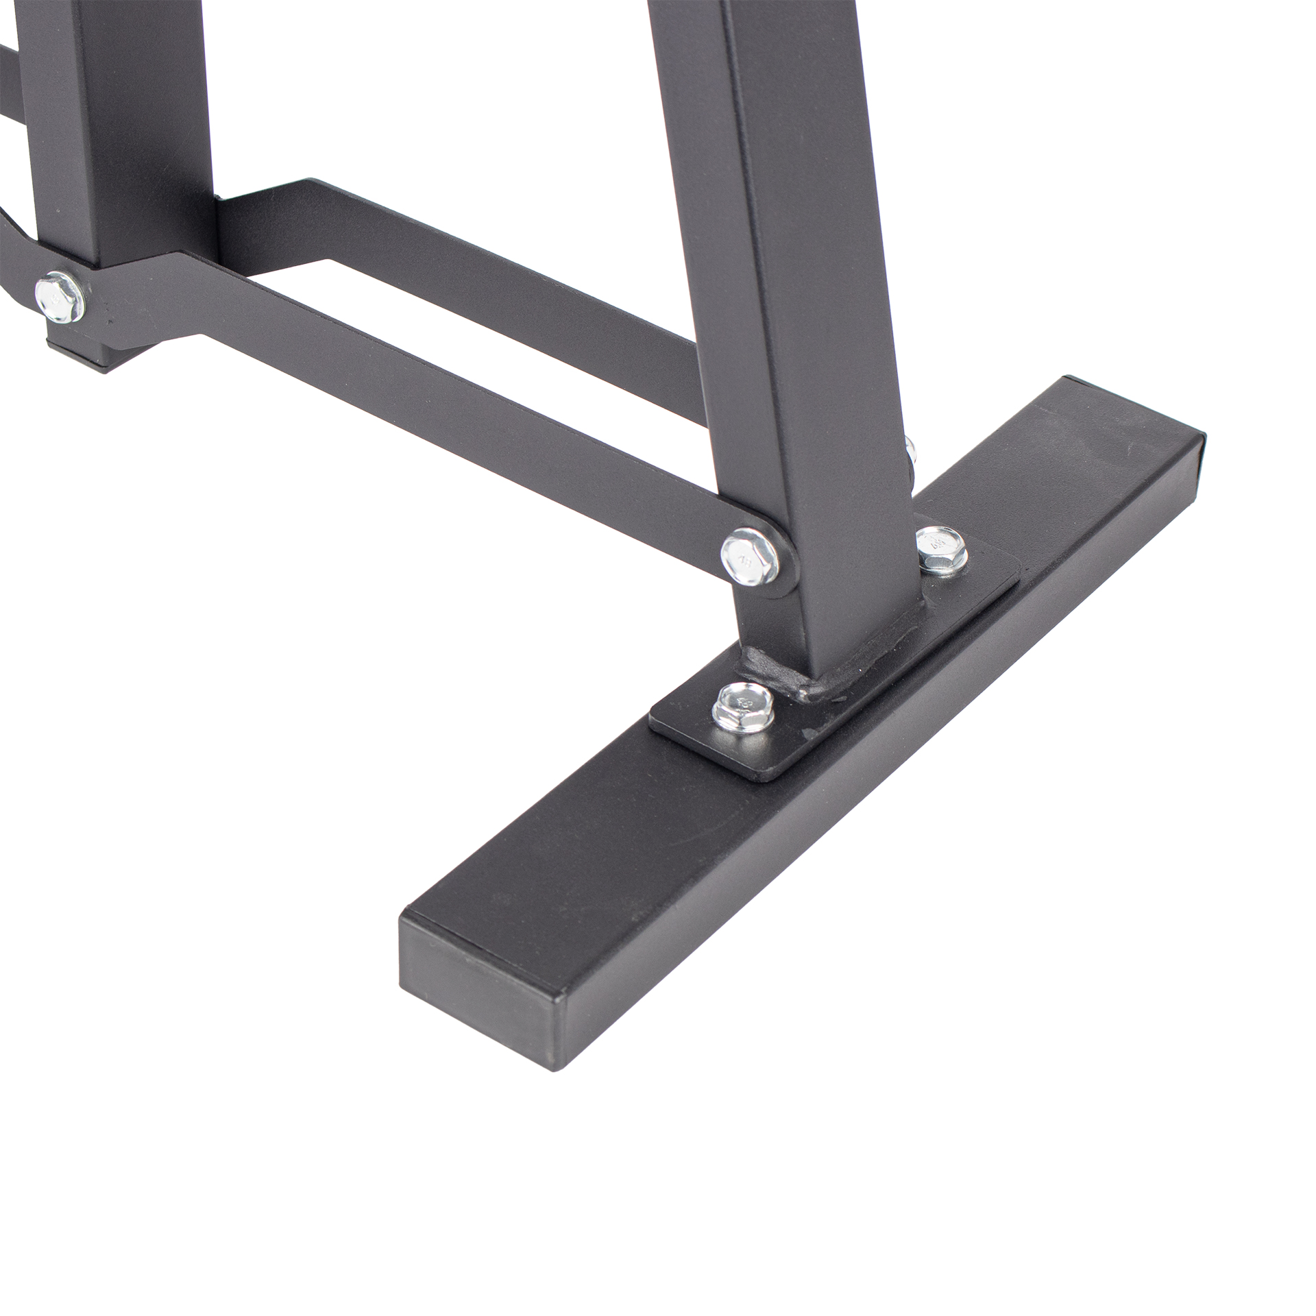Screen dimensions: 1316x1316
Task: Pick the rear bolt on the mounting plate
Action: pyautogui.click(x=942, y=548)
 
